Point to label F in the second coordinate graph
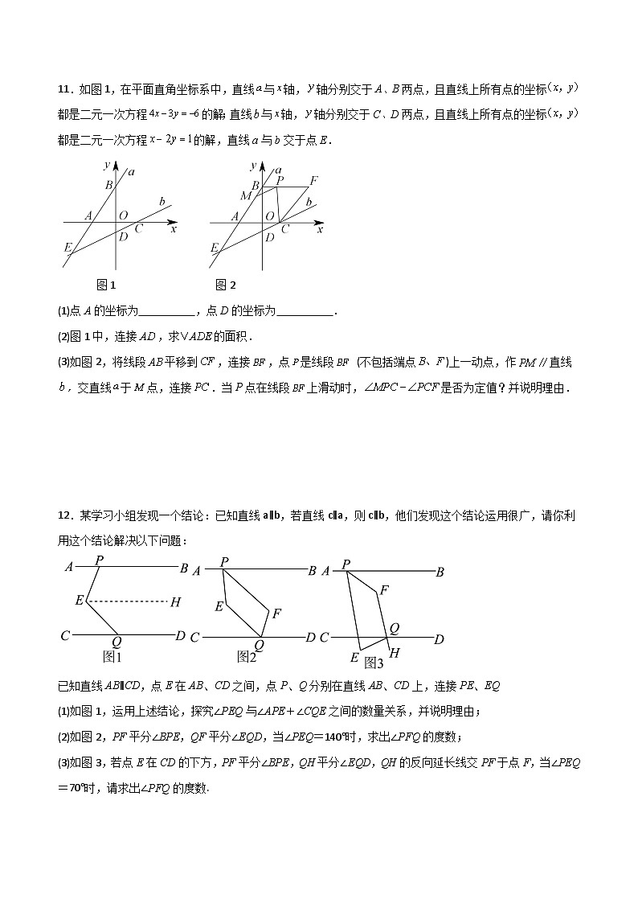tap(313, 180)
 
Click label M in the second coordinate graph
tap(245, 196)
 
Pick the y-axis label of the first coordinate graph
tap(107, 165)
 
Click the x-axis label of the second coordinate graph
tap(320, 230)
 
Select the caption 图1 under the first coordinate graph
tap(106, 284)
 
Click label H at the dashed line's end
tap(175, 601)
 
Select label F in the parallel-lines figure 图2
tap(276, 614)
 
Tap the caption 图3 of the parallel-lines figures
tap(374, 663)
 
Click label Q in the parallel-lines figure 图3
tap(394, 629)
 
